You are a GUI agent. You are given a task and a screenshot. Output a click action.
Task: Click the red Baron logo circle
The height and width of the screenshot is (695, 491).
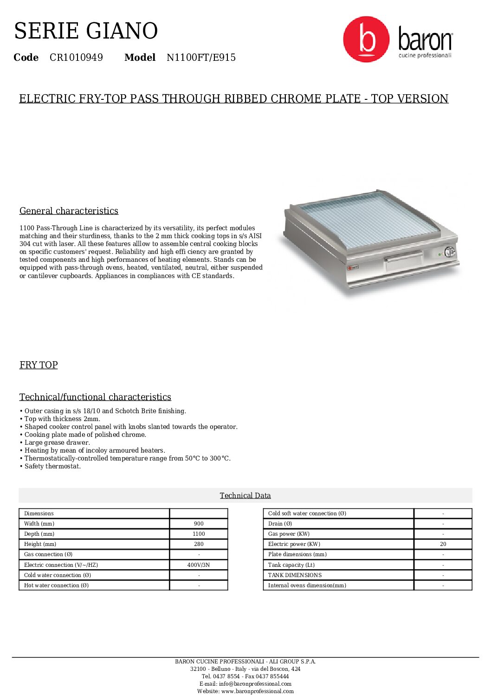366,39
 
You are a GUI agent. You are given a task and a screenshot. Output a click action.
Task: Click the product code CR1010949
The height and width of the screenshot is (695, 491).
76,58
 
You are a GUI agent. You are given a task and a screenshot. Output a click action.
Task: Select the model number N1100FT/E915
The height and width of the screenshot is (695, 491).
201,58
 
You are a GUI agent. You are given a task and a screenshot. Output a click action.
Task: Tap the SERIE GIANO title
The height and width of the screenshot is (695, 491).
86,31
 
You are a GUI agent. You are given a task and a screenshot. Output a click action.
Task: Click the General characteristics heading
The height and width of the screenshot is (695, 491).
69,211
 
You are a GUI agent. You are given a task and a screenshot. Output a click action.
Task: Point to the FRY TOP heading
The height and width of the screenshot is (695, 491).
39,365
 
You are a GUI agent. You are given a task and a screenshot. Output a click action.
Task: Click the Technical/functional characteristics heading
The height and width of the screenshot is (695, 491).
95,397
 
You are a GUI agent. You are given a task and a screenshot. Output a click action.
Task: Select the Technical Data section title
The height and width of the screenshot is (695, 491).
245,495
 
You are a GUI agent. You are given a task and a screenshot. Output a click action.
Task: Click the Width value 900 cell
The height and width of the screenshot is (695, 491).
199,524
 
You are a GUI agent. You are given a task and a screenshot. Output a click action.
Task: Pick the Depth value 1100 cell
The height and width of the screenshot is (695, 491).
199,534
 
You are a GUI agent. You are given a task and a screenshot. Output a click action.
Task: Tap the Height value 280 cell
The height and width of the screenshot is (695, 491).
199,544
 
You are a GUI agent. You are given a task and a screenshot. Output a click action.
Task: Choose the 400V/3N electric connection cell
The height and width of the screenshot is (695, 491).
199,565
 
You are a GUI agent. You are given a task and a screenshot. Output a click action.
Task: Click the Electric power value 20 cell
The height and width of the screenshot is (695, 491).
443,544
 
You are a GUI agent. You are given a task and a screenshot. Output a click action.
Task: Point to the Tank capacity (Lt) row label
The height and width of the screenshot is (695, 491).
291,565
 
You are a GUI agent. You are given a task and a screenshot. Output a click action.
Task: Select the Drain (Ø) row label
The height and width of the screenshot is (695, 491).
280,524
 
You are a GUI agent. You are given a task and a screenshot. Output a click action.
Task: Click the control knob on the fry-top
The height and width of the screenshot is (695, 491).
449,252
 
